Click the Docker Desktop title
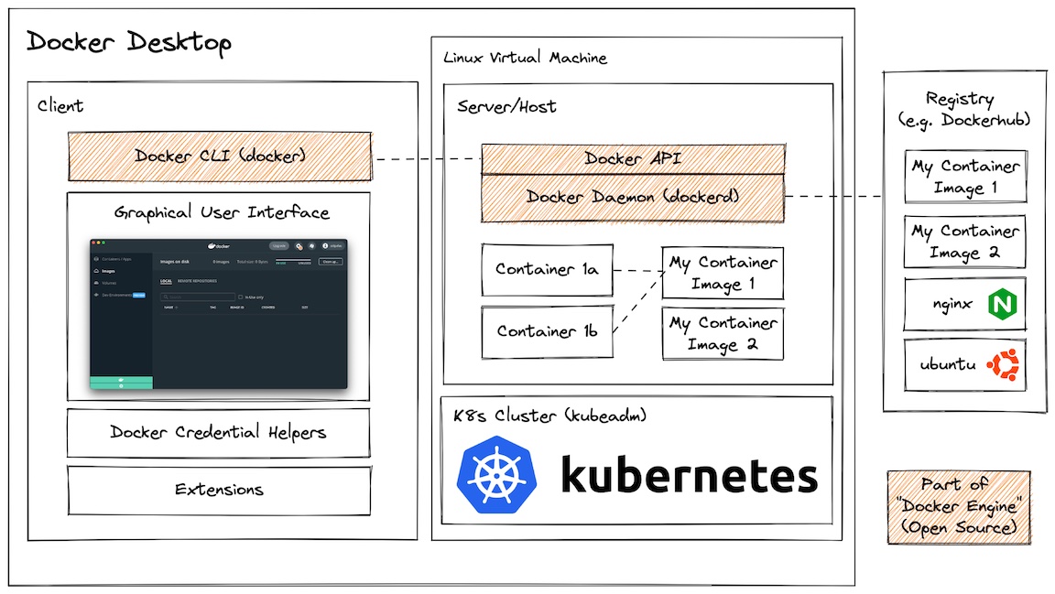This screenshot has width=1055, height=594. click(128, 42)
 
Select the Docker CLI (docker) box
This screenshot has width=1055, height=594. click(219, 156)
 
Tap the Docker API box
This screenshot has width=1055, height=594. click(633, 159)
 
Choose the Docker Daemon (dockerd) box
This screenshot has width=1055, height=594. click(633, 197)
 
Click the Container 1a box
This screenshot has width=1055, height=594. click(547, 270)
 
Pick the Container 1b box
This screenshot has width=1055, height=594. click(547, 331)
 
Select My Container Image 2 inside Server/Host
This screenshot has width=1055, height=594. click(723, 334)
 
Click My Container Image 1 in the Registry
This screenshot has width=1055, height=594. click(964, 177)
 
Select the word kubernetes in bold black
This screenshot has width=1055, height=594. click(688, 477)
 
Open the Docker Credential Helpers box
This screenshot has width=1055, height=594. click(218, 432)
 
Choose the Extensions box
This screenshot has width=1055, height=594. click(218, 490)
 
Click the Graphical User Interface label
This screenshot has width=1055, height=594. click(221, 213)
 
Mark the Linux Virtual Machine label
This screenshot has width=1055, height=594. click(525, 58)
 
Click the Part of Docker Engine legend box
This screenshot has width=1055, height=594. click(957, 507)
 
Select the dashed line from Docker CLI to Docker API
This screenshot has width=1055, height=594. click(427, 159)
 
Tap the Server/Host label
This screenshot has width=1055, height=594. click(506, 106)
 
